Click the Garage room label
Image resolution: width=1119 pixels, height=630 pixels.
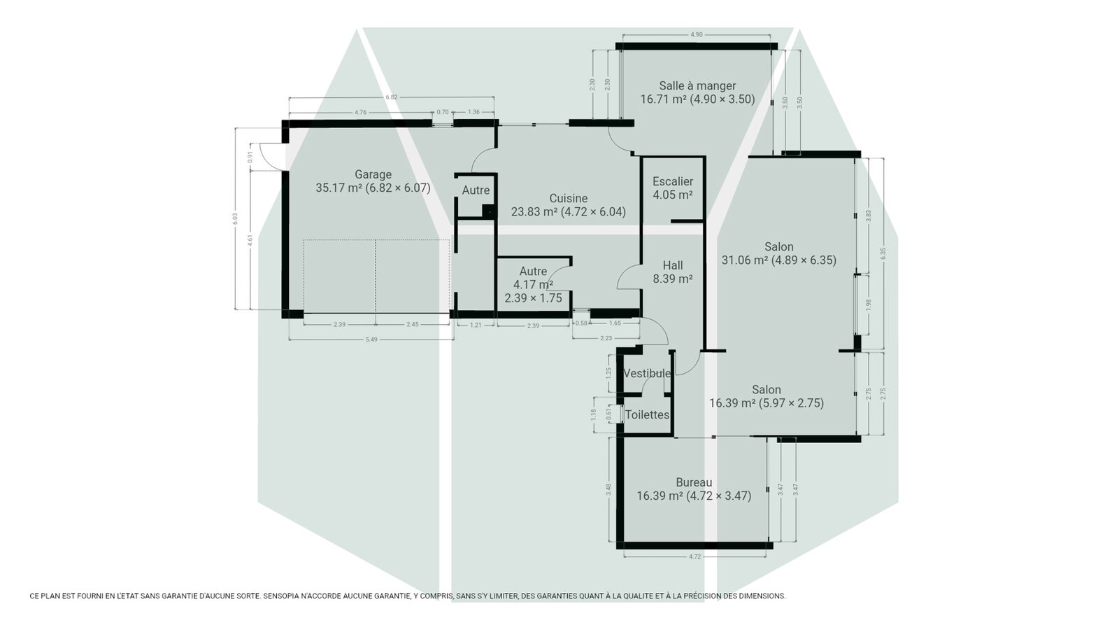(373, 181)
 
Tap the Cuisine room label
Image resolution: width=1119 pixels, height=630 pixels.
(569, 205)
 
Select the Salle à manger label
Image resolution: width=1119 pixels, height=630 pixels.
(697, 92)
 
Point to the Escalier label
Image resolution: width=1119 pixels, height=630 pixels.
(673, 188)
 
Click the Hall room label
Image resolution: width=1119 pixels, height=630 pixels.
(673, 272)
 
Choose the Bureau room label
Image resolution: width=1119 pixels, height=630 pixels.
(694, 489)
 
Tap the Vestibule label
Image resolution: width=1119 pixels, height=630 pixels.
(647, 374)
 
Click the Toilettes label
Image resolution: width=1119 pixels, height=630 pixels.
(648, 414)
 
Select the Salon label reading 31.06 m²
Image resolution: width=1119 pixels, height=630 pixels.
(779, 253)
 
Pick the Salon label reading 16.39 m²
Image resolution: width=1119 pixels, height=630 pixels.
(767, 396)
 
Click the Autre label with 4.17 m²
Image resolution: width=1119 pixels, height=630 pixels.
(533, 284)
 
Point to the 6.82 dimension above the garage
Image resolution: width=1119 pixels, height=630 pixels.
(392, 97)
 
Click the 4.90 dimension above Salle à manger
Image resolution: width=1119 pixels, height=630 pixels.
(697, 34)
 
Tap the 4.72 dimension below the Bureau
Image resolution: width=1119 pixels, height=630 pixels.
(695, 556)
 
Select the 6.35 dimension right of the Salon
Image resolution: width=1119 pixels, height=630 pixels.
(883, 253)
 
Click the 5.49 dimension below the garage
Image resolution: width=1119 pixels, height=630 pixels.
(371, 339)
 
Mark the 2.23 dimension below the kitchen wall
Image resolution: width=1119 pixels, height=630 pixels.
(606, 338)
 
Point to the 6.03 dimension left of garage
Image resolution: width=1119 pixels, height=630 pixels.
(235, 218)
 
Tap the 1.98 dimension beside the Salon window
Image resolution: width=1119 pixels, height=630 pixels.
(868, 304)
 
